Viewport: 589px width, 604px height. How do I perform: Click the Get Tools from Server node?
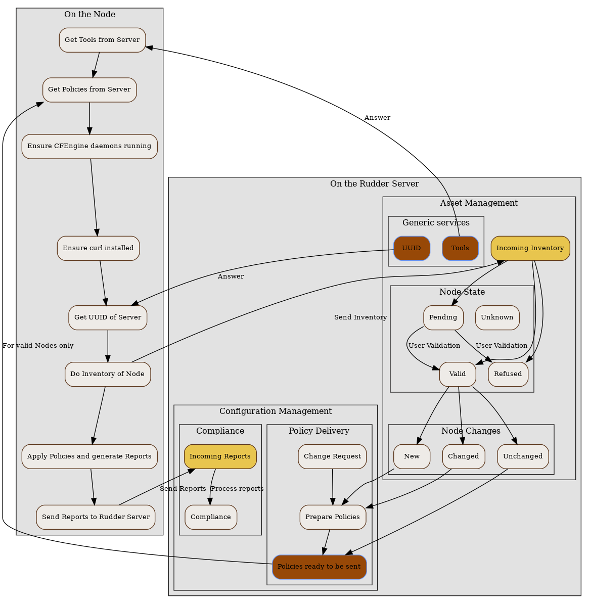[x=102, y=40]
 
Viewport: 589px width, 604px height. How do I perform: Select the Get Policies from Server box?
[x=89, y=90]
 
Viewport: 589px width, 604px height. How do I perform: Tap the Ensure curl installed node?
[x=98, y=248]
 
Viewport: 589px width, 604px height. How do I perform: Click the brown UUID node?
[x=412, y=248]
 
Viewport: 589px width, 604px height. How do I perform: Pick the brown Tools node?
[x=460, y=248]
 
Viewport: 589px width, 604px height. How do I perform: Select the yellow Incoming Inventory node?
[x=530, y=248]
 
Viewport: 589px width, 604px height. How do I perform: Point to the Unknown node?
[x=497, y=317]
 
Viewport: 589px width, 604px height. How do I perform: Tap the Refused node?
[x=508, y=374]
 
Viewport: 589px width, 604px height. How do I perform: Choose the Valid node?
[x=458, y=374]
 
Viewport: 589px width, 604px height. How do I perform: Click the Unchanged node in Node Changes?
[x=523, y=456]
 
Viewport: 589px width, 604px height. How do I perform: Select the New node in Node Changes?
[x=412, y=456]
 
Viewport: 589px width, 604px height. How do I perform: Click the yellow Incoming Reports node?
[x=220, y=456]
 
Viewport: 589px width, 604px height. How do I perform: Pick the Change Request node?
[x=332, y=456]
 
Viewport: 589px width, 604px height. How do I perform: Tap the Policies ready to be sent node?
[x=319, y=567]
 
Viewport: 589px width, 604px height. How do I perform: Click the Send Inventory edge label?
[x=360, y=317]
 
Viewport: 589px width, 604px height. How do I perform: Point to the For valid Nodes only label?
[x=38, y=346]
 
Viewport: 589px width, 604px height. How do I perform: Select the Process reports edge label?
[x=237, y=489]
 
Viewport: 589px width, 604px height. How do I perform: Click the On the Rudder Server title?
[x=374, y=184]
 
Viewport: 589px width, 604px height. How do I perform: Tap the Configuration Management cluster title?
[x=276, y=411]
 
